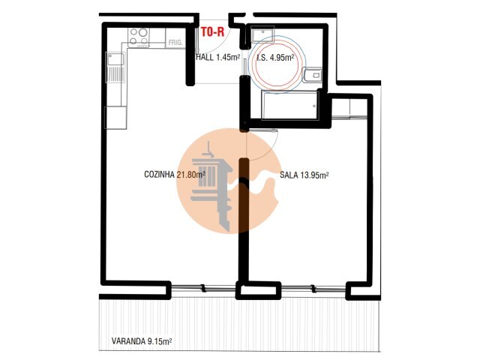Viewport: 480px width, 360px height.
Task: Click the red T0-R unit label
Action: coord(213,31)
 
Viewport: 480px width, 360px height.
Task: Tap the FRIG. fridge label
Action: coord(175,43)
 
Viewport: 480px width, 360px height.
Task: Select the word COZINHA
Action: coord(160,175)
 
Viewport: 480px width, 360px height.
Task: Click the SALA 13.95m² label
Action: coord(304,175)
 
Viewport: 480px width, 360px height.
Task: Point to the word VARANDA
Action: coord(128,341)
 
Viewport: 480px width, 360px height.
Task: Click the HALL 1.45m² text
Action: coord(218,57)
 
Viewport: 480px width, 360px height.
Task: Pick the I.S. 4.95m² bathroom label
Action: coord(276,58)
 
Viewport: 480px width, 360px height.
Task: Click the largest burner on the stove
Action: coord(143,32)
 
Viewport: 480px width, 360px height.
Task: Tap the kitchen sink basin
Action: coord(115,58)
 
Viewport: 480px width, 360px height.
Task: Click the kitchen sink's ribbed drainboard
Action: coord(115,73)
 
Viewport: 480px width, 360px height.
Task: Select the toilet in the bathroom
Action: coord(312,75)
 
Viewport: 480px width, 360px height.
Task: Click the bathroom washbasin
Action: coord(263,34)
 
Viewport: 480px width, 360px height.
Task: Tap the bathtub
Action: coord(290,105)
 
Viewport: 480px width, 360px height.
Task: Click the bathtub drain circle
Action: coord(314,106)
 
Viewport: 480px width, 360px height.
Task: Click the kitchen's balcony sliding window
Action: coord(203,288)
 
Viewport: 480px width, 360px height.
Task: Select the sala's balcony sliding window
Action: coord(313,288)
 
